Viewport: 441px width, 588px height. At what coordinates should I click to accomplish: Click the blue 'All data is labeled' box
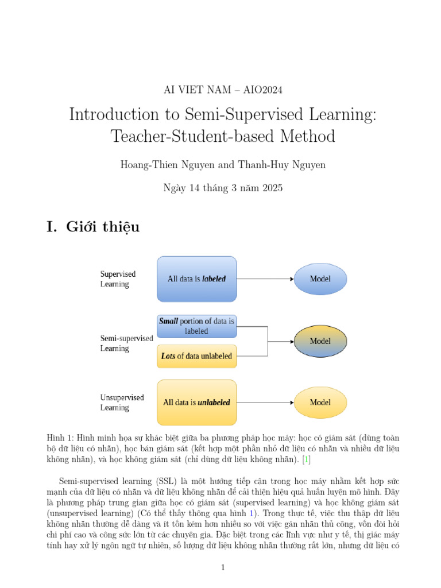[x=196, y=279]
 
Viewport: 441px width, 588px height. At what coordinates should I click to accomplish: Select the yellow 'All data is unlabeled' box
[x=196, y=403]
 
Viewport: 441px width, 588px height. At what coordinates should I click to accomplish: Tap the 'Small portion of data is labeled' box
[x=196, y=326]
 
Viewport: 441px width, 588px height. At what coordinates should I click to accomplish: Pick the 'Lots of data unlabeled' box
[x=196, y=356]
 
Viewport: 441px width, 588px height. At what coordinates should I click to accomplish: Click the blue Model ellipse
[x=320, y=279]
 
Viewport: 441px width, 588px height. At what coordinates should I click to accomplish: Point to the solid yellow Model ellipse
[x=320, y=403]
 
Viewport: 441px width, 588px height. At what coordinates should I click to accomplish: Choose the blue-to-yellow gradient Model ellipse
[x=320, y=341]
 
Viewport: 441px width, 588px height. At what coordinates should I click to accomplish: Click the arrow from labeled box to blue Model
[x=265, y=279]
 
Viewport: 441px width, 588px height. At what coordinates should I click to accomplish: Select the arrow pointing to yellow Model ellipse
[x=265, y=403]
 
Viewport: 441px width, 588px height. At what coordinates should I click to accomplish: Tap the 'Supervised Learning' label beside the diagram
[x=118, y=279]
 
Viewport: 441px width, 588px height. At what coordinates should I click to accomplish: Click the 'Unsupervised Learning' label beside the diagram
[x=122, y=403]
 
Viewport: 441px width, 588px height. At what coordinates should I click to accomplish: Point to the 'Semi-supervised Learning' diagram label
[x=126, y=343]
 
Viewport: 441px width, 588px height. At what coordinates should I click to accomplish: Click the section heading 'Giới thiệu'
[x=103, y=227]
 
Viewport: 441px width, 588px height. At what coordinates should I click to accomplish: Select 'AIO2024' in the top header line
[x=264, y=90]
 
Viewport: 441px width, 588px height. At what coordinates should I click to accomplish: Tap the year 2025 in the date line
[x=272, y=188]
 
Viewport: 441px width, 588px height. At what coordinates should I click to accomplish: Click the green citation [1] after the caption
[x=308, y=459]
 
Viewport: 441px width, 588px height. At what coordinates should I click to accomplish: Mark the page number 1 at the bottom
[x=223, y=568]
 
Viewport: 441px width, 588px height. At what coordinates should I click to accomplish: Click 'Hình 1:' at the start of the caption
[x=59, y=436]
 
